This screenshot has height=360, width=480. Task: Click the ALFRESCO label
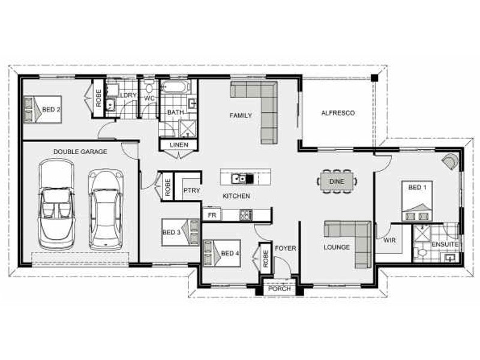(338, 113)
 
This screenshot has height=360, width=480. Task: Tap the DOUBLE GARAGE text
(80, 152)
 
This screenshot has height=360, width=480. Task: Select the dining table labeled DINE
(337, 182)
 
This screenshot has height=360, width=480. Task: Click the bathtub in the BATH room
(175, 87)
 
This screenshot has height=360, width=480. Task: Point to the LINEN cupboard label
(179, 145)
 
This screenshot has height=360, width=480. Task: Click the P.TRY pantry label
(191, 190)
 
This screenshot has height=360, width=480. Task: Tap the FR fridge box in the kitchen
(212, 215)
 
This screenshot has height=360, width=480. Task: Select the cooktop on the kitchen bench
(246, 215)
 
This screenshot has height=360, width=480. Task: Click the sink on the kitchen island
(238, 178)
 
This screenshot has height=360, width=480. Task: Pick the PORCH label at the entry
(280, 289)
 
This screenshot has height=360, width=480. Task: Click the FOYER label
(286, 248)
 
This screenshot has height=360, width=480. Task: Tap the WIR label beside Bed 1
(389, 241)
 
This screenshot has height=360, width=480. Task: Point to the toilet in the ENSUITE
(421, 253)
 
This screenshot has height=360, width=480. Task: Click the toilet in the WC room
(149, 88)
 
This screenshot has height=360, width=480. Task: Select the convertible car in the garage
(56, 204)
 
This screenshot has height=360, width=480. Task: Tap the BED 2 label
(51, 110)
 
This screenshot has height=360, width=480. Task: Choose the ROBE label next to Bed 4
(265, 259)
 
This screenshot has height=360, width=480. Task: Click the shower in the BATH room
(187, 128)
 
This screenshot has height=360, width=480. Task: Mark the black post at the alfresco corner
(374, 78)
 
